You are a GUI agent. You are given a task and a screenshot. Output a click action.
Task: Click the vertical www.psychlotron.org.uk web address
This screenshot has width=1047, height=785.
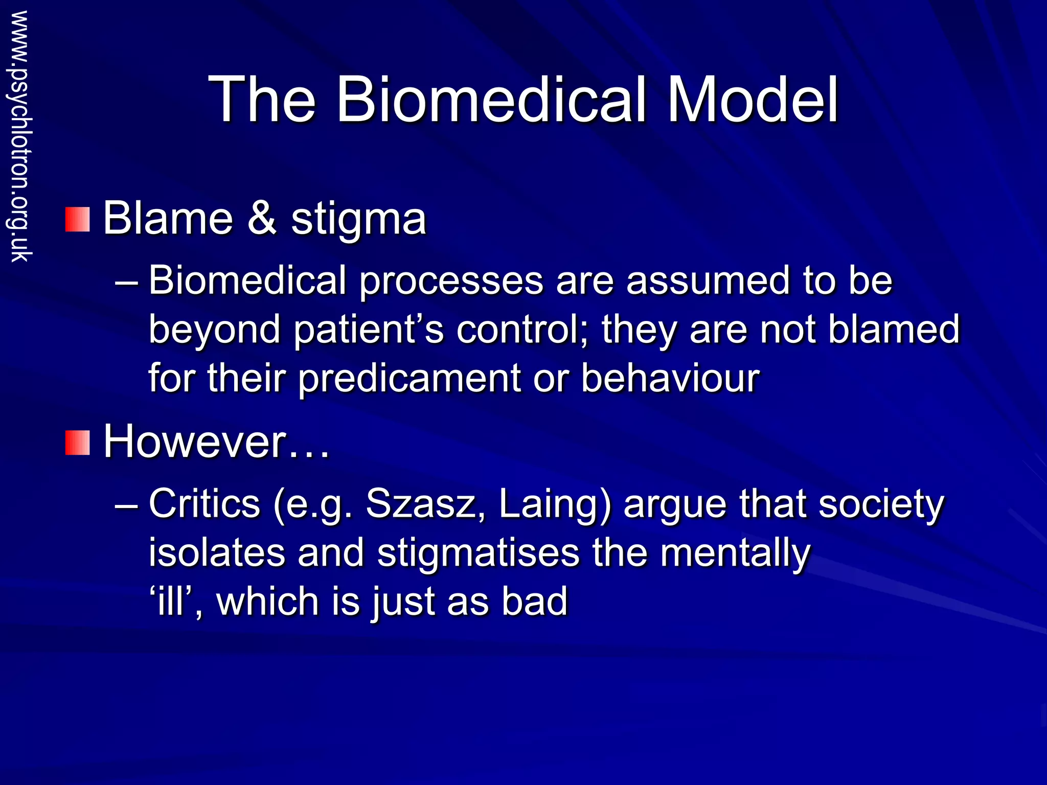tap(20, 136)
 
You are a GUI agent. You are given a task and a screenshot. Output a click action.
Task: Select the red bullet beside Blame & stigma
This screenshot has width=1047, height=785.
tap(77, 219)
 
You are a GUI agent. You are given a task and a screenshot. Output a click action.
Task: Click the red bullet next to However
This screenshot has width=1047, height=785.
tap(77, 443)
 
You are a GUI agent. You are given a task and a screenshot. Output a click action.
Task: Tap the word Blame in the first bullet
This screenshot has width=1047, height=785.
tap(168, 218)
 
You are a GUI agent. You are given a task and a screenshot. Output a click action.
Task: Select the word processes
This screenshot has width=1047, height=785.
tap(451, 282)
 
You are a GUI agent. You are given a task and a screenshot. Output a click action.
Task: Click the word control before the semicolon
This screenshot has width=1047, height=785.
tap(521, 330)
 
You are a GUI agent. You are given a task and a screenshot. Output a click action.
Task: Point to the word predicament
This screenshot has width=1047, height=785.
tap(409, 379)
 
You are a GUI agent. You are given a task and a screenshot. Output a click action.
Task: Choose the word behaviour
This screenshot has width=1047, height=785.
tap(670, 378)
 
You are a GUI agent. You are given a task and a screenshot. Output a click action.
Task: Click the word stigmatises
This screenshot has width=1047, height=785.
tap(479, 553)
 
